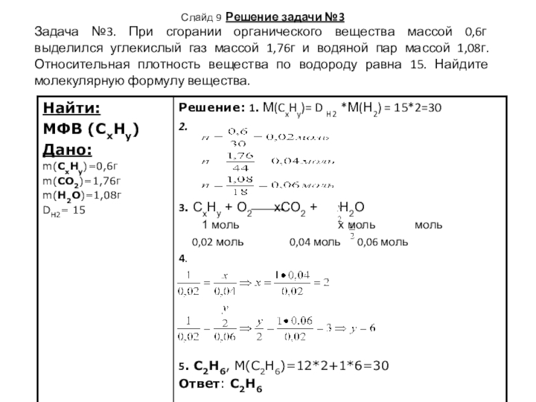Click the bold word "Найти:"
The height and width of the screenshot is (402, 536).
tap(72, 109)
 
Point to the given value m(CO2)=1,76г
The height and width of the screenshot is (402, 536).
tap(78, 181)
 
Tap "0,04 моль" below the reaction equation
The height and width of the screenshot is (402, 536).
tap(310, 242)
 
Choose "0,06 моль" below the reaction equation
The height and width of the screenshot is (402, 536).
tap(383, 242)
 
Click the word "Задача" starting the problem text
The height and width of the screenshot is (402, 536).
tap(60, 33)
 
